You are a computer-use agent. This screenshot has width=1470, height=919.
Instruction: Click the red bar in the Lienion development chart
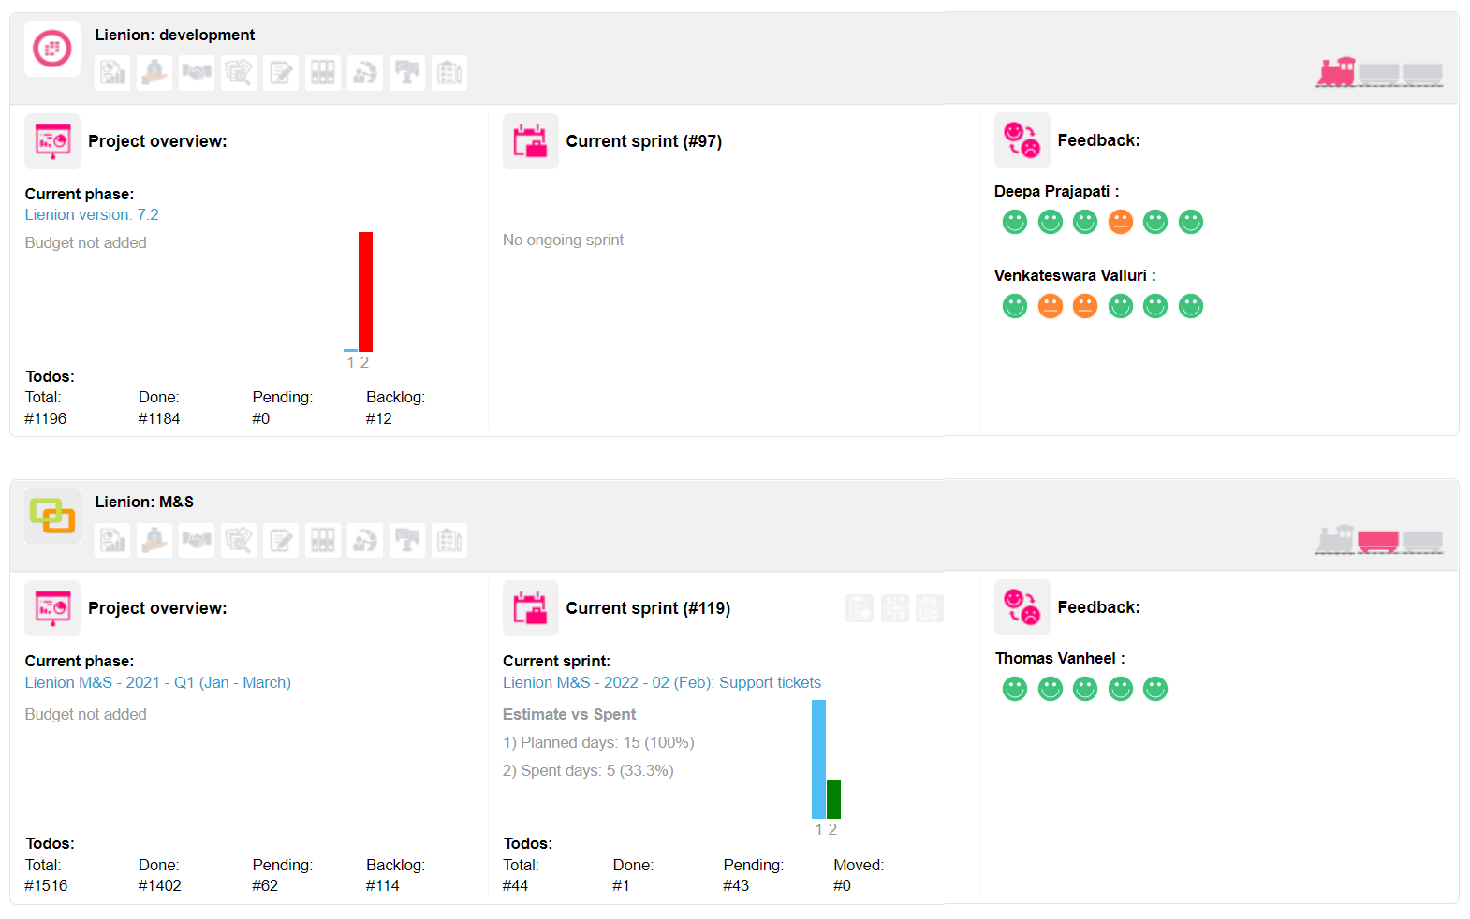click(365, 291)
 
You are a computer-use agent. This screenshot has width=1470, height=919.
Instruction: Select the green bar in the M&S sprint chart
click(833, 798)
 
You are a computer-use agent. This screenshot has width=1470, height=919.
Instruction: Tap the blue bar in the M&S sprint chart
click(818, 759)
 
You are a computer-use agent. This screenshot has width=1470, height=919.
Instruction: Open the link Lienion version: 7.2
click(92, 214)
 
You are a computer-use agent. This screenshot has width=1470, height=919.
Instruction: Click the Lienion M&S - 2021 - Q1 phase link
click(157, 682)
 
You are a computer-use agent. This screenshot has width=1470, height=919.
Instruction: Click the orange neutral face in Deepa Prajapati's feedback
click(1120, 222)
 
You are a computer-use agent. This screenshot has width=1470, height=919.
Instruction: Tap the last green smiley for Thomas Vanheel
click(1155, 689)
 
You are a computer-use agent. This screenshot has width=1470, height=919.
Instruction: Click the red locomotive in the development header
click(1336, 71)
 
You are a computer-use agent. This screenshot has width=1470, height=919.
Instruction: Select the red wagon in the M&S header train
click(1377, 541)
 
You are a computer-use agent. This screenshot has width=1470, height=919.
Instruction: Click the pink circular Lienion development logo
click(52, 48)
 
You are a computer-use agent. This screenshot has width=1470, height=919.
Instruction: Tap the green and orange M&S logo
click(52, 515)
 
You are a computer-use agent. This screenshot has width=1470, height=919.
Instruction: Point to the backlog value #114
click(382, 885)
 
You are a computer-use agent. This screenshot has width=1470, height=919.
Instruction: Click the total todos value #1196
click(46, 418)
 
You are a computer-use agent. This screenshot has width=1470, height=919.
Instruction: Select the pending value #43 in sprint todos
click(736, 885)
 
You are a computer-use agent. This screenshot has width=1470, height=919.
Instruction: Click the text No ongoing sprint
click(563, 240)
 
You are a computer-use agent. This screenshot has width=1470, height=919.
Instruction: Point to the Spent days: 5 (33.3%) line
click(588, 770)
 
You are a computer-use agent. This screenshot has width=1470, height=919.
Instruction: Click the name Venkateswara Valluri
click(1070, 275)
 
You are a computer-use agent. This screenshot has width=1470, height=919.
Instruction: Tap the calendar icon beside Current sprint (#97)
click(530, 141)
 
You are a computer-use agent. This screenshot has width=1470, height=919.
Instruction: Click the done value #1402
click(159, 885)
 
